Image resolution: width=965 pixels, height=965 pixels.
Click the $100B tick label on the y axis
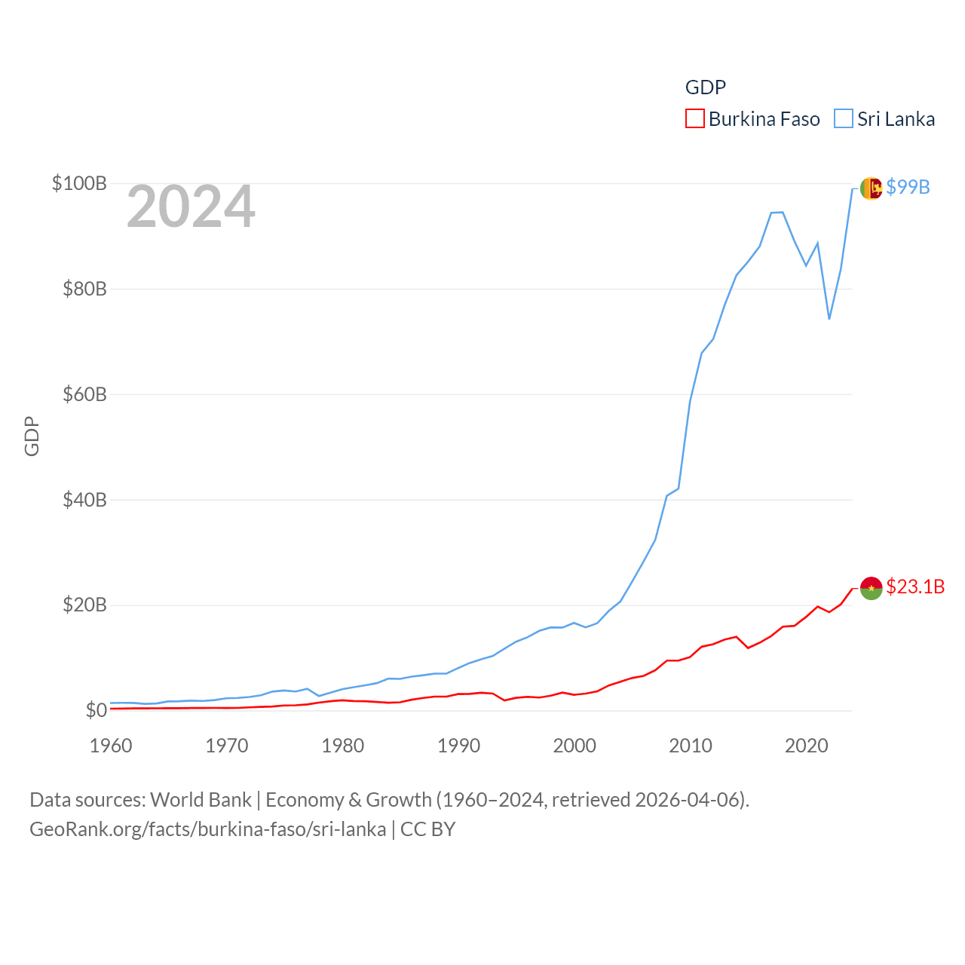(x=79, y=183)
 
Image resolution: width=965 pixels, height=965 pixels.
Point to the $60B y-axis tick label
(x=84, y=394)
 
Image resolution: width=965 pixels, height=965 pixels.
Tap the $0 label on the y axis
(x=96, y=710)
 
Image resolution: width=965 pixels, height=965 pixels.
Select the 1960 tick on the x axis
(x=111, y=746)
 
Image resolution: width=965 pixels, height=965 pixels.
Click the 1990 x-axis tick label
(x=458, y=746)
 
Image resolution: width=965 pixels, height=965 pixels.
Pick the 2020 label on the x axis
(x=807, y=746)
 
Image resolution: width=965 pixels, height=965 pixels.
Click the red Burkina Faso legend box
(x=694, y=119)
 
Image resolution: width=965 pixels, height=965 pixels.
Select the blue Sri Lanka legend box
(x=844, y=119)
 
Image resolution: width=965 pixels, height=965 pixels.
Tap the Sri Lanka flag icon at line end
(x=871, y=188)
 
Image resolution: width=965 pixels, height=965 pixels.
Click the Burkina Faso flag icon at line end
(x=871, y=588)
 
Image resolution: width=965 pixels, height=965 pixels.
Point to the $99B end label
(x=908, y=187)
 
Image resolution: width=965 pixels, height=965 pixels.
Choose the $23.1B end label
(x=915, y=587)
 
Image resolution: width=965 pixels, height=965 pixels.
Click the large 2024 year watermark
(x=191, y=207)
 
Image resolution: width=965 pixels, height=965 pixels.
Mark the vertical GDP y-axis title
(x=32, y=436)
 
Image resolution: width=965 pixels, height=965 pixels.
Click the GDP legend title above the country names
(x=705, y=87)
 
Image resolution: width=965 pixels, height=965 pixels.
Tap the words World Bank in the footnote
(x=201, y=799)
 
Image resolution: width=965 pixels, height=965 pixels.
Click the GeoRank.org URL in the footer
(x=207, y=829)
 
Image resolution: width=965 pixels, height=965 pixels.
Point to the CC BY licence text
(x=427, y=829)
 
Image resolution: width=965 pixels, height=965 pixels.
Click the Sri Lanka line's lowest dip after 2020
(x=829, y=318)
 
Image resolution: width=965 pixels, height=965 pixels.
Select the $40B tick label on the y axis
(x=84, y=500)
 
